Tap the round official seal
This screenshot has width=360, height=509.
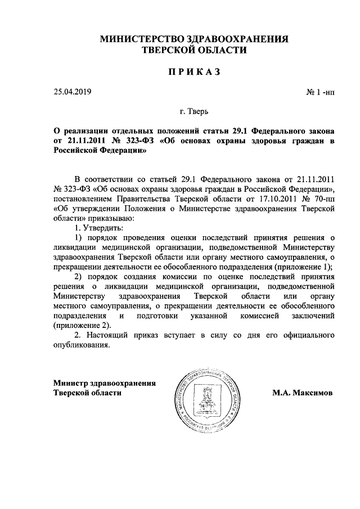204,395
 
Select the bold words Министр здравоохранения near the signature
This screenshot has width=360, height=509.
104,382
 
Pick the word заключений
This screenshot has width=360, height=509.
314,316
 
